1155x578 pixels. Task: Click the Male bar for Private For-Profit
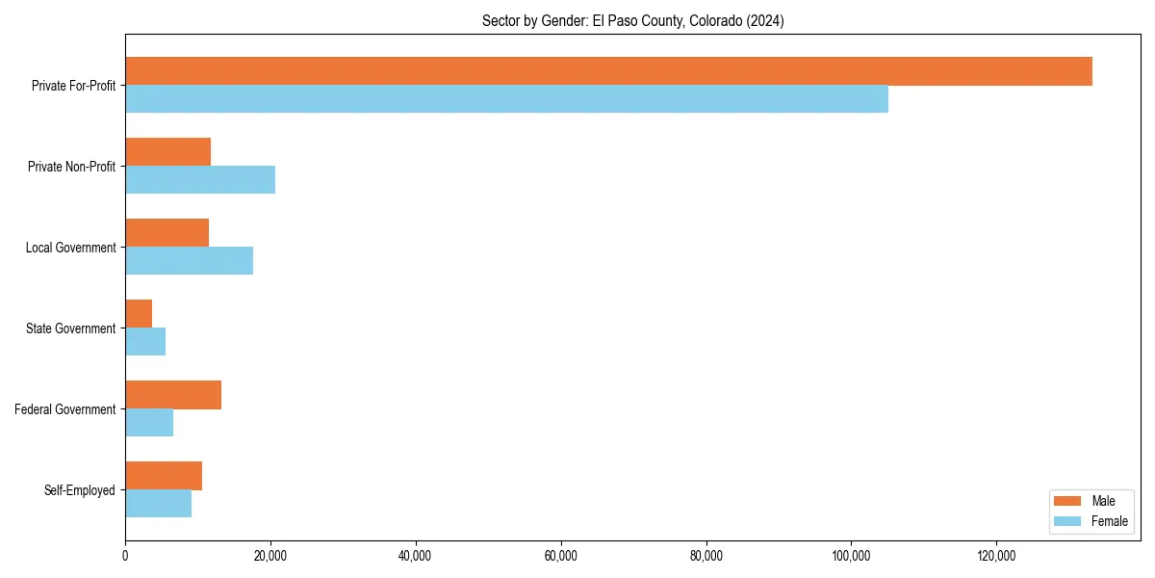pyautogui.click(x=608, y=71)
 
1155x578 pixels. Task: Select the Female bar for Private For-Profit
pyautogui.click(x=506, y=99)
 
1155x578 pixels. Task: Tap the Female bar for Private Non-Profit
pyautogui.click(x=200, y=180)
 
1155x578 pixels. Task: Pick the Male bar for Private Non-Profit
pyautogui.click(x=167, y=152)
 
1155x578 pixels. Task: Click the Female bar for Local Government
pyautogui.click(x=189, y=261)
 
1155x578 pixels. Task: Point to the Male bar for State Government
pyautogui.click(x=139, y=314)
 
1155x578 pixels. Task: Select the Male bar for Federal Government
pyautogui.click(x=173, y=395)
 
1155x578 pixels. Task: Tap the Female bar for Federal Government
pyautogui.click(x=149, y=423)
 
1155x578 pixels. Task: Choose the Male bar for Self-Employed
pyautogui.click(x=164, y=476)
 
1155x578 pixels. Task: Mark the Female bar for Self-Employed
pyautogui.click(x=158, y=504)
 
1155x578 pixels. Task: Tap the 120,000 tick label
pyautogui.click(x=996, y=556)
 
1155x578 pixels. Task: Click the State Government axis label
pyautogui.click(x=71, y=328)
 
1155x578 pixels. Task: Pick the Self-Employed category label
pyautogui.click(x=79, y=490)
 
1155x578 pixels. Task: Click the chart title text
pyautogui.click(x=632, y=21)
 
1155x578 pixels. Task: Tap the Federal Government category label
pyautogui.click(x=65, y=409)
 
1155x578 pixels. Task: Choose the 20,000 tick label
pyautogui.click(x=270, y=556)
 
